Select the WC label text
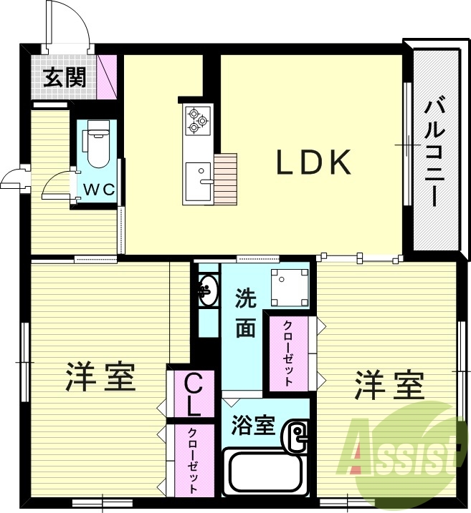tap(99, 190)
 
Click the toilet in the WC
tap(97, 145)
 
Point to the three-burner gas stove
tap(195, 119)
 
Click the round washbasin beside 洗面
tap(206, 290)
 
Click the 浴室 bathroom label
tap(253, 425)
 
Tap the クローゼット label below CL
tap(193, 461)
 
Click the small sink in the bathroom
tap(296, 437)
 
